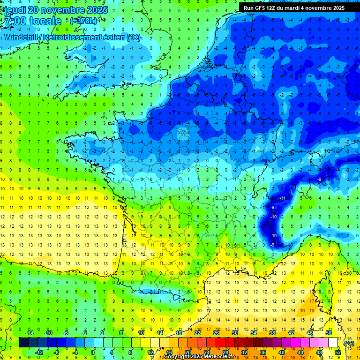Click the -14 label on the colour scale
[29, 333]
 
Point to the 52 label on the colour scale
[337, 352]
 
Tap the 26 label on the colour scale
[216, 333]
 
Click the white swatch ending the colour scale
[333, 343]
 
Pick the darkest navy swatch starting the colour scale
[23, 343]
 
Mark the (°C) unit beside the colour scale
[349, 343]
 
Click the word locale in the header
[44, 22]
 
